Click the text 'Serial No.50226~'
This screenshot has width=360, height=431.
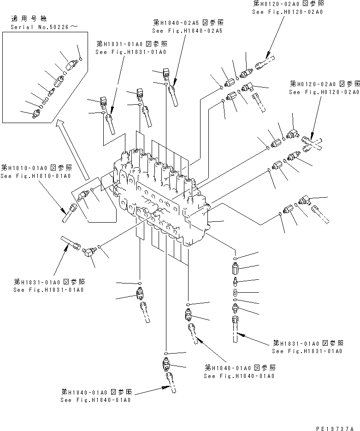(x=44, y=27)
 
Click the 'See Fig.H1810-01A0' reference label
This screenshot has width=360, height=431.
(x=35, y=176)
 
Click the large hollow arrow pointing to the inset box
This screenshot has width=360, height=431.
(x=71, y=150)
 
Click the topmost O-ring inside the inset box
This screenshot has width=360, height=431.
(x=81, y=59)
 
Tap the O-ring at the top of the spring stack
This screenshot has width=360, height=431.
(x=235, y=259)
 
